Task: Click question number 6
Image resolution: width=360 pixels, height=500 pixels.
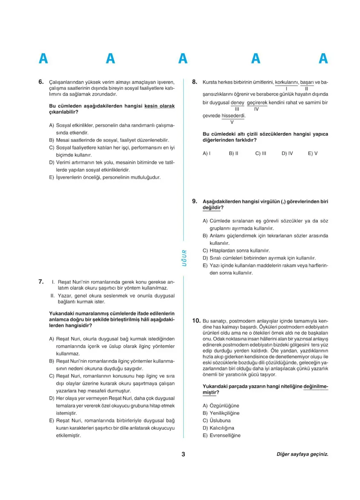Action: tap(41, 82)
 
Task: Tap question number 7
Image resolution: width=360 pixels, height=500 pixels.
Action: tap(41, 281)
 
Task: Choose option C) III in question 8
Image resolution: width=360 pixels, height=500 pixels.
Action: tap(261, 154)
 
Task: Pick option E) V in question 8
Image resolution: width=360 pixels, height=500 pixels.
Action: tap(313, 154)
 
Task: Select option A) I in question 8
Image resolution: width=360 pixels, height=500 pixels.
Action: tap(207, 154)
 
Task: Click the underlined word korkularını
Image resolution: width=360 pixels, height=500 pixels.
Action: tap(287, 82)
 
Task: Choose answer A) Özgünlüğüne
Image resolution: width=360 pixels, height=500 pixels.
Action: tap(221, 406)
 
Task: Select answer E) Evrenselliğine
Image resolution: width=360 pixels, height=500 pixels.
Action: tap(222, 435)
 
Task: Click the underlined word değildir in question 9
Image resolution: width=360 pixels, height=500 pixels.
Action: tap(211, 208)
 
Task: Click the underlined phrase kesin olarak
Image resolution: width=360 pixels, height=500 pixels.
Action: tap(160, 106)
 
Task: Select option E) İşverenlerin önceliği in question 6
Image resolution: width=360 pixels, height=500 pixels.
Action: tap(105, 177)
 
